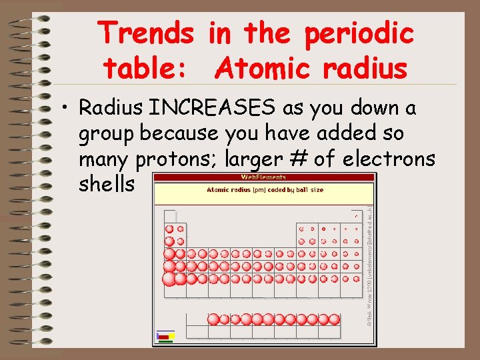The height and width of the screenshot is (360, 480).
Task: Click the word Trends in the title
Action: pos(146,32)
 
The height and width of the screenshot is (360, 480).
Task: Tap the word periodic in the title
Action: pos(359,32)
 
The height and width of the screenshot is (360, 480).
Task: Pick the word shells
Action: pos(107,184)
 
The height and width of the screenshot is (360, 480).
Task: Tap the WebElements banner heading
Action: pos(263,177)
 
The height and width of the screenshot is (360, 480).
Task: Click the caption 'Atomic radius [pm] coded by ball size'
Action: pos(265,190)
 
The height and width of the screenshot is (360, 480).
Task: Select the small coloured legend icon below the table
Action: pos(165,336)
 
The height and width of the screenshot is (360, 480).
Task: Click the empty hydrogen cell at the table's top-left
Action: pos(169,215)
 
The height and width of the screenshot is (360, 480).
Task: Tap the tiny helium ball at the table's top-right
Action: pos(357,216)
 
